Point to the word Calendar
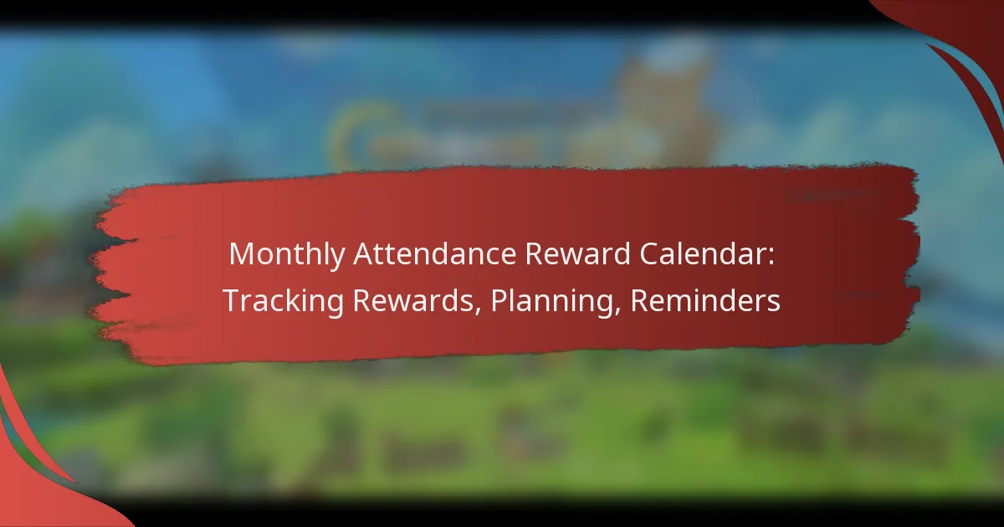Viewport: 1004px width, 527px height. pyautogui.click(x=712, y=254)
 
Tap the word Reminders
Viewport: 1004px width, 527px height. pyautogui.click(x=705, y=302)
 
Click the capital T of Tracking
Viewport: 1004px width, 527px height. pyautogui.click(x=230, y=302)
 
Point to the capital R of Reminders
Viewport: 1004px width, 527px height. pyautogui.click(x=639, y=302)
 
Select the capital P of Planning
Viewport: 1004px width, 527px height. pyautogui.click(x=499, y=302)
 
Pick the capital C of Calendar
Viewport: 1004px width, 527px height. pyautogui.click(x=658, y=254)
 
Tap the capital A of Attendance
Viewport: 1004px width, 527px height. pyautogui.click(x=364, y=254)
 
